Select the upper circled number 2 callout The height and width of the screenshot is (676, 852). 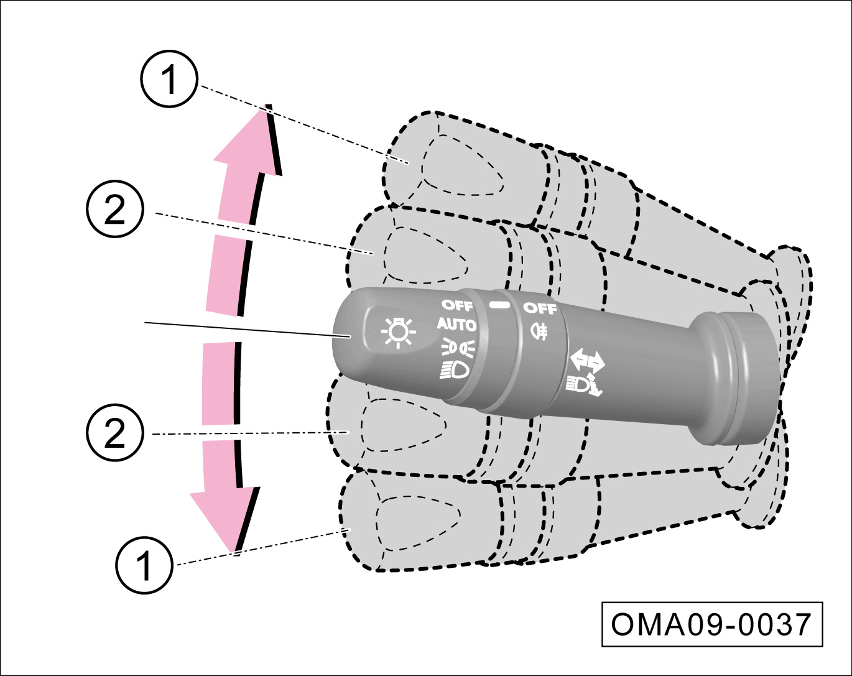click(115, 210)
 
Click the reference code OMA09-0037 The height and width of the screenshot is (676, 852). click(711, 624)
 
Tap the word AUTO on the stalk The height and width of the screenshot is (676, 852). click(456, 324)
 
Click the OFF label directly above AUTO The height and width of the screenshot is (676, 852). click(457, 305)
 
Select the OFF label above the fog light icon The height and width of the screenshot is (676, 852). click(539, 308)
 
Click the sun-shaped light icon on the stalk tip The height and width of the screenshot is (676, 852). click(399, 332)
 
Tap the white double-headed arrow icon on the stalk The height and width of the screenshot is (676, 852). click(586, 361)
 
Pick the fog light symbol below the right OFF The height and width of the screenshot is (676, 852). click(539, 330)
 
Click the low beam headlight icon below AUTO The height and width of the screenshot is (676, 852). click(455, 369)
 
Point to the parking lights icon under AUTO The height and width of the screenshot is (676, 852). click(458, 346)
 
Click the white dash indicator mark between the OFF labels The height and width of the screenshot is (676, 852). click(499, 305)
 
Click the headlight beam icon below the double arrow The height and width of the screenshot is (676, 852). click(583, 385)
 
